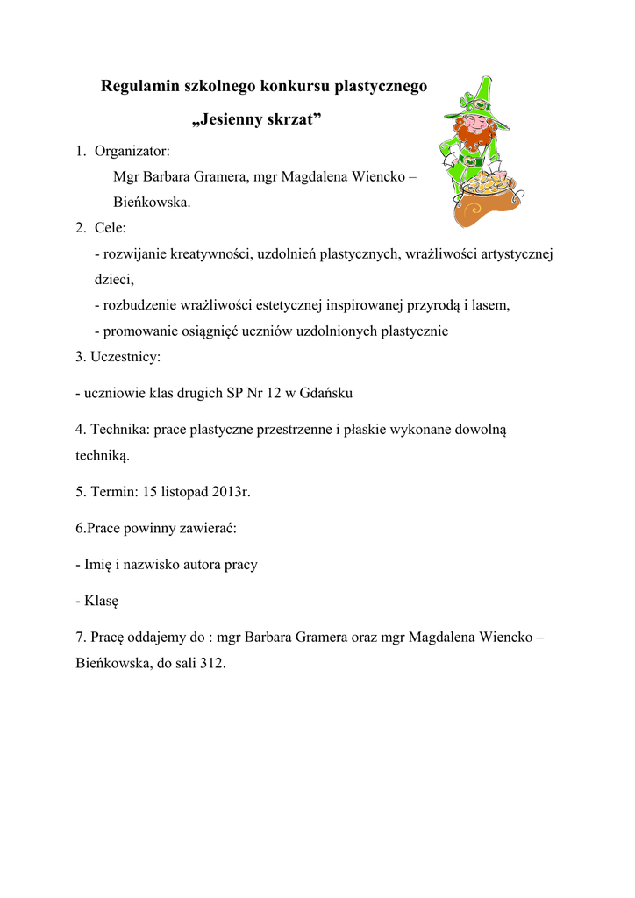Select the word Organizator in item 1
pos(132,151)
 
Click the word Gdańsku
pos(325,393)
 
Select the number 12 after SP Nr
pos(275,393)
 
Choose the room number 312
pos(212,664)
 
